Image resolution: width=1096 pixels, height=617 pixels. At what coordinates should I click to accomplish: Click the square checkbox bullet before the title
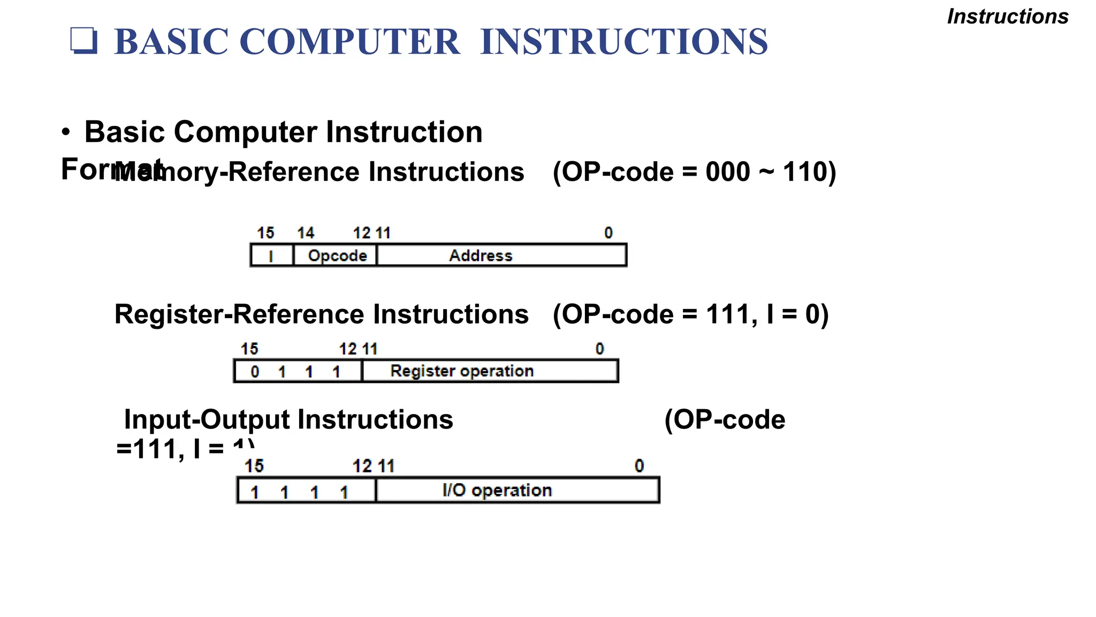pos(85,41)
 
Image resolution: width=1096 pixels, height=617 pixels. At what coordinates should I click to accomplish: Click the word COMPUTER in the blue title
pos(349,42)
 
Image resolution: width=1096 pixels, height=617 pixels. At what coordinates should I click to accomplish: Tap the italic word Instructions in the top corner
pos(1008,17)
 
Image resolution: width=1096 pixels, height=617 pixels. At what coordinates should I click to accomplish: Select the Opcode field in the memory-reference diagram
pos(337,255)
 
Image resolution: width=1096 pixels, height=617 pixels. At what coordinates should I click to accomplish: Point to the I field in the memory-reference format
pos(271,255)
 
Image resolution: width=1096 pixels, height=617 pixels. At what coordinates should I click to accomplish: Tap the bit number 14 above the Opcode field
pos(306,233)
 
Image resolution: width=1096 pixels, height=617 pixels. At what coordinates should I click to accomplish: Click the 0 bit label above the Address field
pos(608,233)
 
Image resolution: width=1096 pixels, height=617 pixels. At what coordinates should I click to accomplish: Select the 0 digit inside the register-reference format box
pos(255,372)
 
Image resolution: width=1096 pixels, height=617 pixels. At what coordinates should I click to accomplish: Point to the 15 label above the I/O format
pos(254,466)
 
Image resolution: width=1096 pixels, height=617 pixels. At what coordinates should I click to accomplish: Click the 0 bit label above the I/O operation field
pos(639,466)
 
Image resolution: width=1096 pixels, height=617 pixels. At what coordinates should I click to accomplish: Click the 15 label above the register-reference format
pos(249,349)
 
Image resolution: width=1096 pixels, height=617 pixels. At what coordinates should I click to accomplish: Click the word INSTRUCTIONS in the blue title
pos(624,42)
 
